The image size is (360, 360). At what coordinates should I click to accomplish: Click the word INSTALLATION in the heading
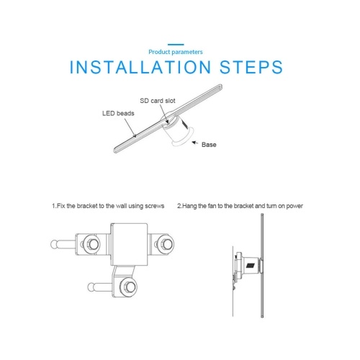(140, 67)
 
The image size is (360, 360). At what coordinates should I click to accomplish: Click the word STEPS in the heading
(251, 67)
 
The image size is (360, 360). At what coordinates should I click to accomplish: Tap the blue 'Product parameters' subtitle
(176, 52)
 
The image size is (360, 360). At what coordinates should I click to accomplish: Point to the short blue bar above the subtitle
(176, 45)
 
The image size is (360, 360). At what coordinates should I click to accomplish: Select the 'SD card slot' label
(158, 101)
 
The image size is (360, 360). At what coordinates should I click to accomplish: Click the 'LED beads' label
(118, 113)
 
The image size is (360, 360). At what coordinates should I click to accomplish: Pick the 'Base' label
(209, 145)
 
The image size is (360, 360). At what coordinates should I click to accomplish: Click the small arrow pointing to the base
(194, 143)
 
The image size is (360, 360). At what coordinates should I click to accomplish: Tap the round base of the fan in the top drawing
(184, 138)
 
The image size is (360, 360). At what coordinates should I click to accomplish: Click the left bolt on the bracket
(91, 244)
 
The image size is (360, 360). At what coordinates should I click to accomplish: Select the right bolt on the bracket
(166, 244)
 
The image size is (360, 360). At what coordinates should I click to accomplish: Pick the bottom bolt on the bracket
(128, 287)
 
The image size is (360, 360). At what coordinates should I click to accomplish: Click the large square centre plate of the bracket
(129, 244)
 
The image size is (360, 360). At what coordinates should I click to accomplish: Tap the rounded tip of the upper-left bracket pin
(54, 244)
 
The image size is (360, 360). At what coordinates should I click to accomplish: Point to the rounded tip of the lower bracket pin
(91, 287)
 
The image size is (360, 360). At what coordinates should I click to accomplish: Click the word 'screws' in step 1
(155, 206)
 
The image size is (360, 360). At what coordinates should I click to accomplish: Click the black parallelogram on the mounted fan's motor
(250, 266)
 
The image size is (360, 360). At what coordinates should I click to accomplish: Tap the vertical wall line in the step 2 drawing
(233, 281)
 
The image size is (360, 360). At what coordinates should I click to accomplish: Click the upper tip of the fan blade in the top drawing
(220, 86)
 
